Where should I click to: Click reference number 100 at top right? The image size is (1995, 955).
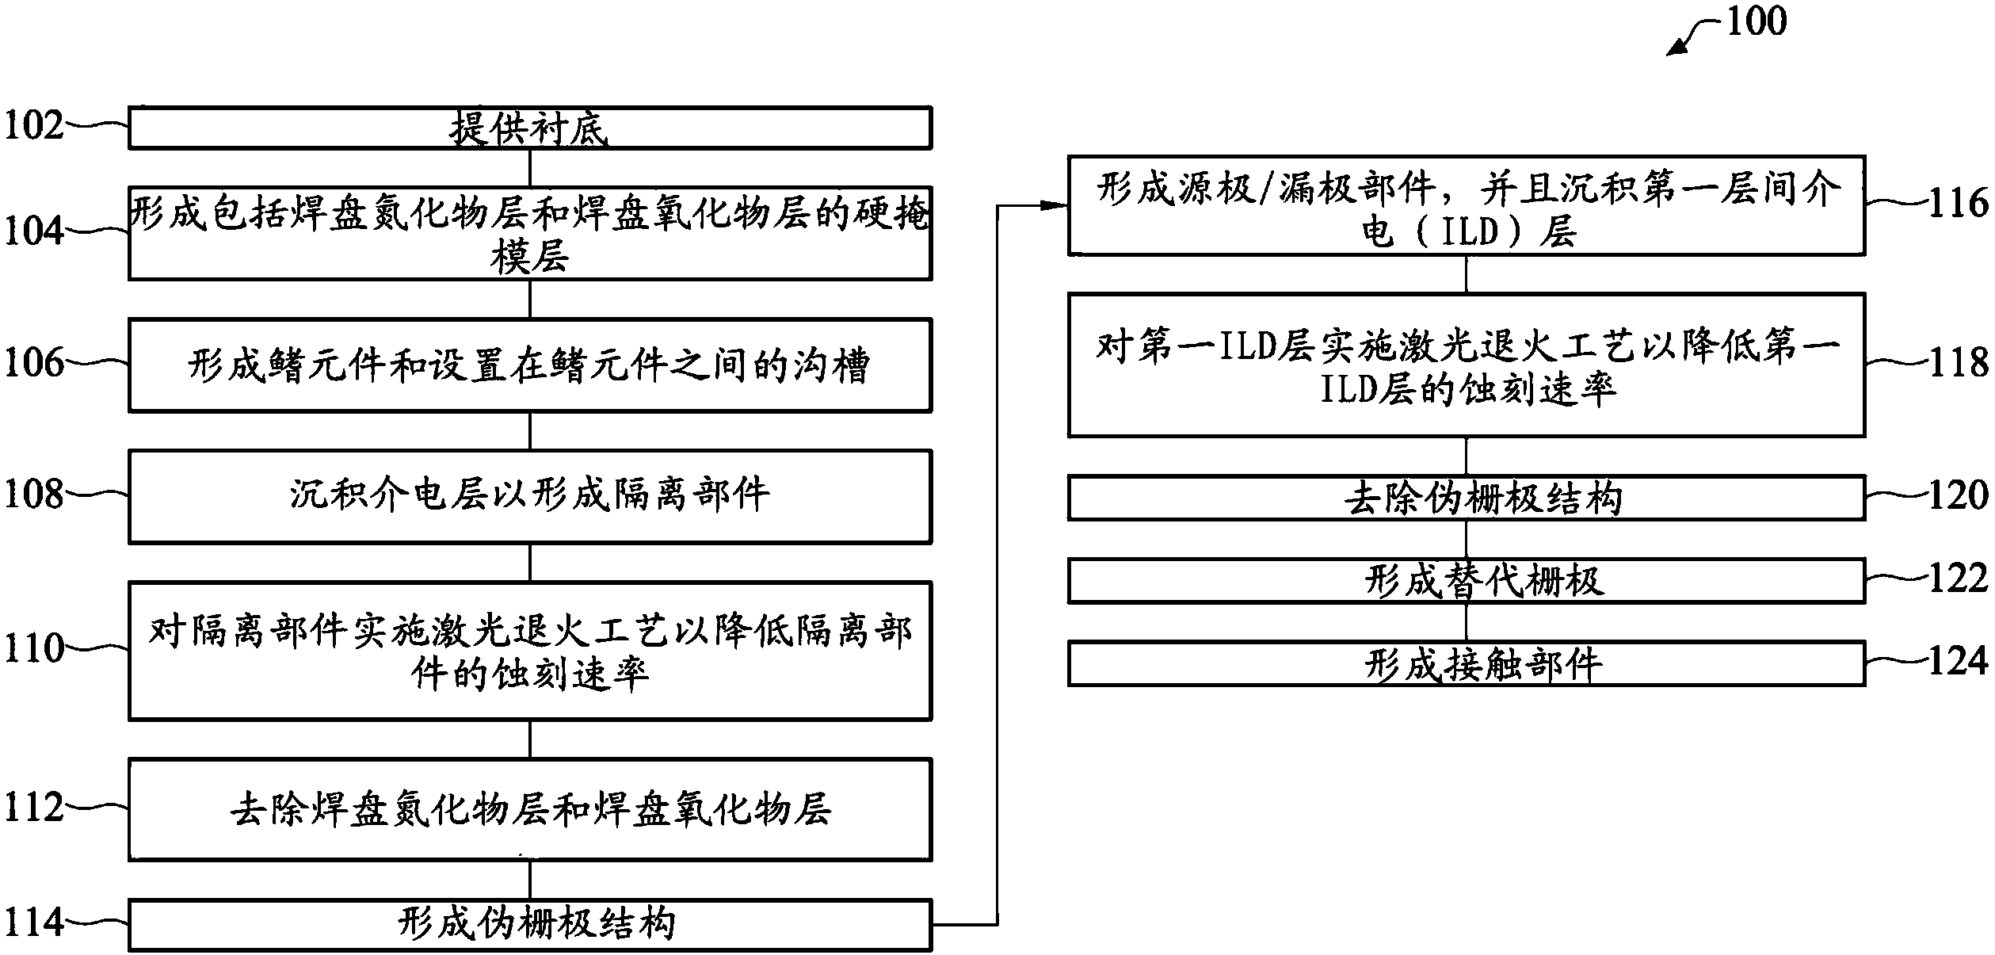[x=1756, y=21]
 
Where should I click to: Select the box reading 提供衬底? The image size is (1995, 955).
[x=529, y=128]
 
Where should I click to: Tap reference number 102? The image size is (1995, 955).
[x=33, y=126]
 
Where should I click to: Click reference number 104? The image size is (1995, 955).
[x=33, y=231]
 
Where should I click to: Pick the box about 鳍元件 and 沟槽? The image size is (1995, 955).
[x=529, y=365]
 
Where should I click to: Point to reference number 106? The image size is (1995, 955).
[x=33, y=363]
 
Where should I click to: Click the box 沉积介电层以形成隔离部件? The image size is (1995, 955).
[x=529, y=496]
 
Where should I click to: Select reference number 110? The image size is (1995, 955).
[x=33, y=648]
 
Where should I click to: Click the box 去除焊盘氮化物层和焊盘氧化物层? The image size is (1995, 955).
[x=529, y=810]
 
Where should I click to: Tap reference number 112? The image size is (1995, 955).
[x=33, y=808]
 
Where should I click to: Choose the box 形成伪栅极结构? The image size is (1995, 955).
[x=529, y=924]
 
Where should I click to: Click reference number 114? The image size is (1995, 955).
[x=33, y=923]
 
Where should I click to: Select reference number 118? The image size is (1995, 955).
[x=1957, y=362]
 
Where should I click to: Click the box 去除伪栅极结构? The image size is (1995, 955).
[x=1466, y=498]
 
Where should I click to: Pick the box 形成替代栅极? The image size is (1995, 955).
[x=1466, y=581]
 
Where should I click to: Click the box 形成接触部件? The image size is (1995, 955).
[x=1466, y=664]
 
